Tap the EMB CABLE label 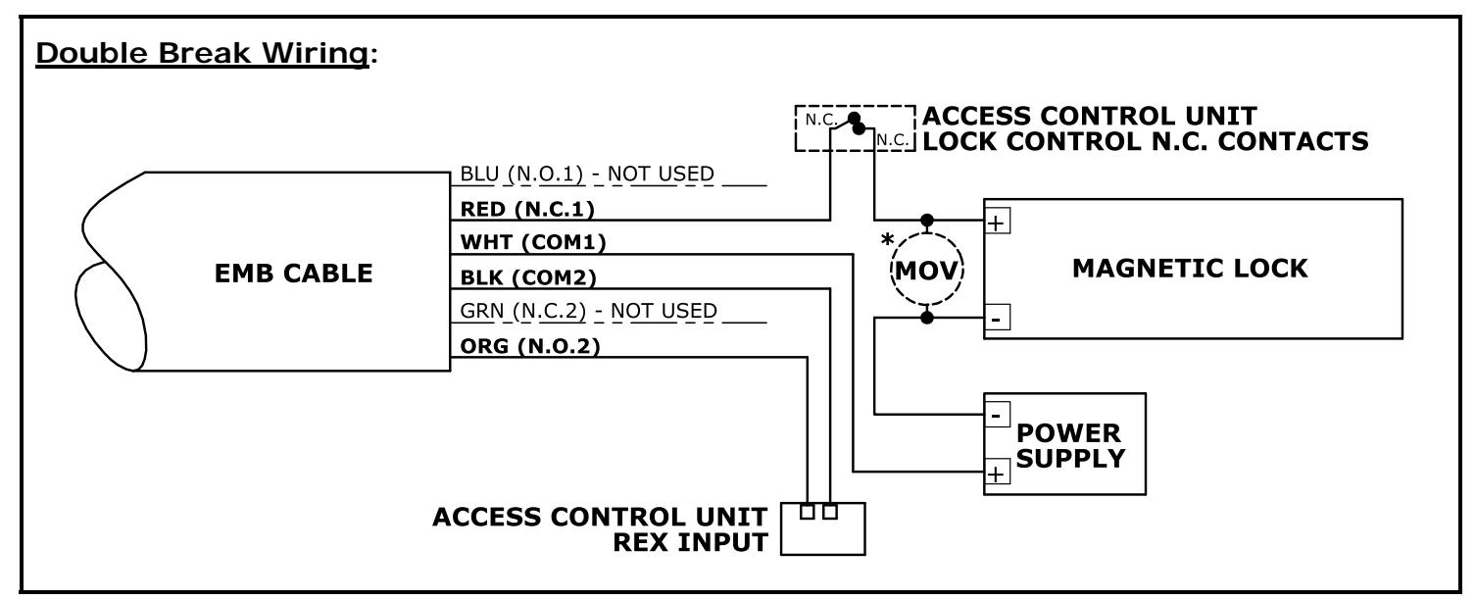[x=293, y=273]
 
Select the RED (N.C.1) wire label [x=527, y=209]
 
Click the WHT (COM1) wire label [x=533, y=242]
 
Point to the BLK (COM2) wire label [x=528, y=277]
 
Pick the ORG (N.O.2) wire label [x=530, y=346]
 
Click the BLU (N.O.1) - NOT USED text [x=587, y=175]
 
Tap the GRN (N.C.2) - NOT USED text [x=588, y=311]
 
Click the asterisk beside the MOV [x=888, y=239]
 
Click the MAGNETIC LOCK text [x=1190, y=269]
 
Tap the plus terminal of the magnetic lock [x=997, y=223]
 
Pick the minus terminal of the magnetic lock [x=997, y=318]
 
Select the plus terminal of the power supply [x=997, y=473]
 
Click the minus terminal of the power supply [x=997, y=415]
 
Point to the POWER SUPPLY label [x=1070, y=446]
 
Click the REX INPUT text [x=691, y=542]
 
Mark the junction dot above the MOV [x=926, y=221]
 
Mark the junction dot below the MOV [x=926, y=318]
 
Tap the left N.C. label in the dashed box [x=821, y=120]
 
